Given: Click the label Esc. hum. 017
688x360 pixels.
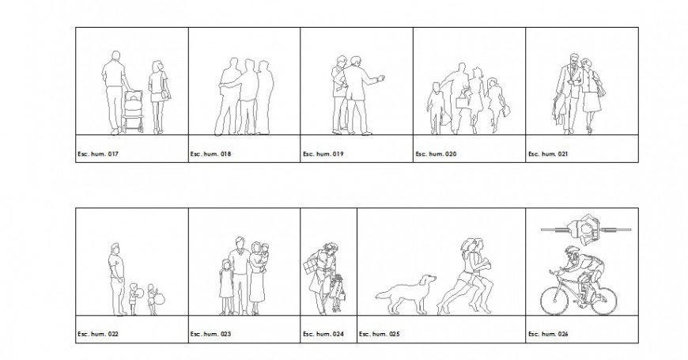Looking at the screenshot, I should [97, 153].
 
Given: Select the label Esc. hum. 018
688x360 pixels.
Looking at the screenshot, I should [210, 153].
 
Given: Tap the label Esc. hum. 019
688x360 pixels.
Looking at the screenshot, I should [323, 153].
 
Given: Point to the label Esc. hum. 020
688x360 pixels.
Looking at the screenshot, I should [436, 153].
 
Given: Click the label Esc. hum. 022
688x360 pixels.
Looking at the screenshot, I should [97, 334].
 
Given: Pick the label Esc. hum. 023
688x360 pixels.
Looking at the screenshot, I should [210, 334].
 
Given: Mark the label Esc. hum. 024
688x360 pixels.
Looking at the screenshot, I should [323, 334].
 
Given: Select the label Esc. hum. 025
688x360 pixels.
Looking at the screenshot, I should [380, 334].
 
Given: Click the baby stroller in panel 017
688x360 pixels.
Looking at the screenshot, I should [134, 111].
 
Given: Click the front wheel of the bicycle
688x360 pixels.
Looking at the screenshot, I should [554, 300].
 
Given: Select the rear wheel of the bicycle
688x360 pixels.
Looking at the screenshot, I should [603, 300].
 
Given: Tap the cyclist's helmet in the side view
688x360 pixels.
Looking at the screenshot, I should [572, 251].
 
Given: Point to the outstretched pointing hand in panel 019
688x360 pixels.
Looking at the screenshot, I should [383, 78].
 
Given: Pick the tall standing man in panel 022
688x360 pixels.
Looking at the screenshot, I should [116, 277].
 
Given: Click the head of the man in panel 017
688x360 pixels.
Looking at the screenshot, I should [115, 56].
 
